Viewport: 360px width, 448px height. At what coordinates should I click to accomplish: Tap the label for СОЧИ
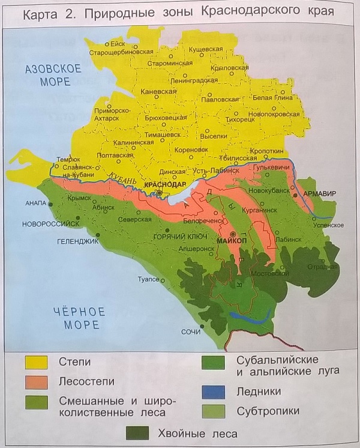pos(191,332)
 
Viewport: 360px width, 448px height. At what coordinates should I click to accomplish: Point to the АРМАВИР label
pos(322,193)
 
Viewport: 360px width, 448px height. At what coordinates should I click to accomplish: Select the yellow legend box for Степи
pos(36,362)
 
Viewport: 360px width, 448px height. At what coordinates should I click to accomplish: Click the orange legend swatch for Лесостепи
pos(36,381)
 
